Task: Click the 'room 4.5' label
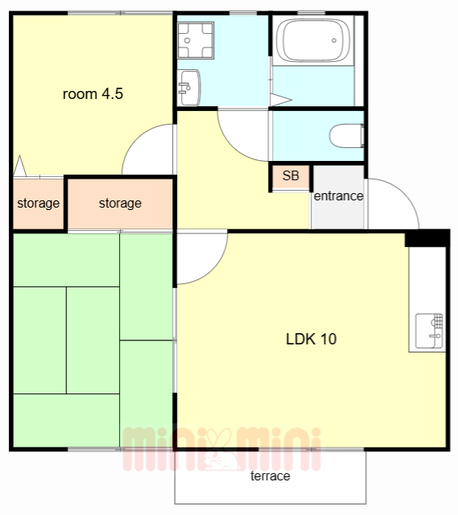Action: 93,94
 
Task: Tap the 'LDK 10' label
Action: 312,339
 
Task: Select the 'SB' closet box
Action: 291,177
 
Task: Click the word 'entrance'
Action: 338,196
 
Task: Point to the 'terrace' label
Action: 270,476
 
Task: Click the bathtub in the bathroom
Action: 313,40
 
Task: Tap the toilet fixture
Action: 347,136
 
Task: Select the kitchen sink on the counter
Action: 429,331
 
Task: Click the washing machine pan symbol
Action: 196,40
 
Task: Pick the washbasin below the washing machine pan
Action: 188,88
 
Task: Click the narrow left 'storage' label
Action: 38,204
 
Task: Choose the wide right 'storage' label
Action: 120,204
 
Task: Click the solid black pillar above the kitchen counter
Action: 427,239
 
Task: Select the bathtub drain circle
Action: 334,41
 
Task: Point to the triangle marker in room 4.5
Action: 19,166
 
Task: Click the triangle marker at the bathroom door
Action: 280,100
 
